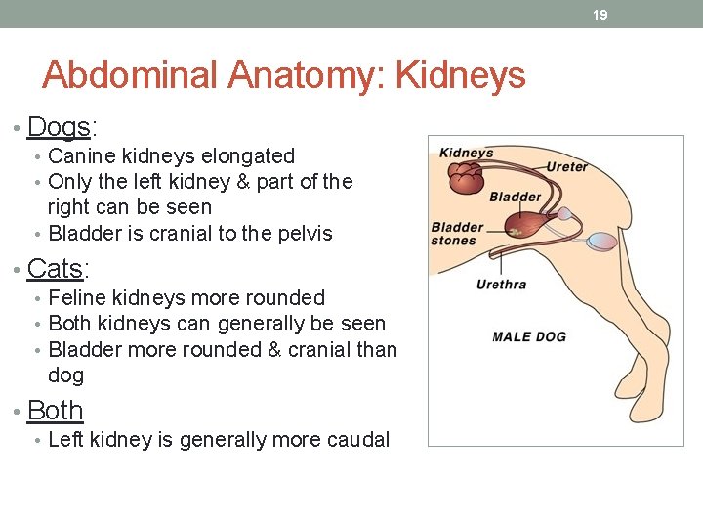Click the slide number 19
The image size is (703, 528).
600,15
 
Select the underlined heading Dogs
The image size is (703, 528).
60,127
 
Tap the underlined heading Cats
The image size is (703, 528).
58,268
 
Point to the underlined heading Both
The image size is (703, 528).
56,410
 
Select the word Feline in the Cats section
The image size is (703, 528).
78,298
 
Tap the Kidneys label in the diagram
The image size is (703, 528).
467,153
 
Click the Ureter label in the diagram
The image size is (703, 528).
566,167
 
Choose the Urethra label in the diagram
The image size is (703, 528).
501,285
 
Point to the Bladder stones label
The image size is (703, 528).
457,235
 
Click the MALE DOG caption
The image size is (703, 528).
528,337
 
